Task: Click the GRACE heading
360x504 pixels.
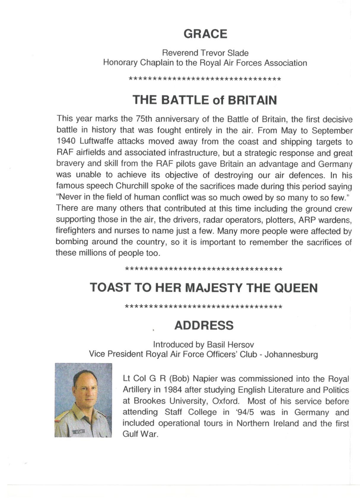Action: point(205,34)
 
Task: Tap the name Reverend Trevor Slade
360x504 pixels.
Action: point(205,53)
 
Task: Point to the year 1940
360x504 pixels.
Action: point(66,141)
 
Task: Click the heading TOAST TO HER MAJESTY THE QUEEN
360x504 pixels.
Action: point(204,288)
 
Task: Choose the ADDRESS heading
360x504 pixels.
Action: point(204,325)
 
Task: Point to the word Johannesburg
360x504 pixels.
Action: point(291,354)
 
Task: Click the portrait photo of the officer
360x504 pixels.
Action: point(83,400)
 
